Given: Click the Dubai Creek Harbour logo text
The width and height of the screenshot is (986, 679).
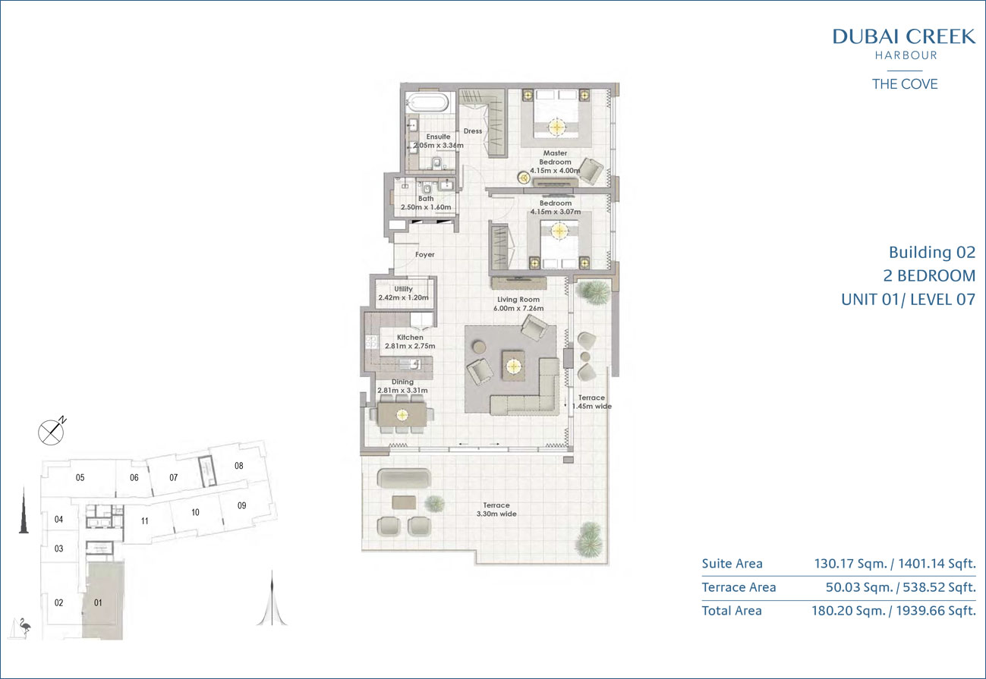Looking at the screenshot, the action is point(904,44).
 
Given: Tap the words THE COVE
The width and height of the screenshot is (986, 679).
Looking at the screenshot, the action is point(905,84).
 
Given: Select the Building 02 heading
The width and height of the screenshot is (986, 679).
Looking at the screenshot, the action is point(932,252).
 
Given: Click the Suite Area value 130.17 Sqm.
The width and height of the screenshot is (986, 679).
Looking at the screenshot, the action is point(851,564).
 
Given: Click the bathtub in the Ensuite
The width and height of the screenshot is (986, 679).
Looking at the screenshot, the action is point(427,104).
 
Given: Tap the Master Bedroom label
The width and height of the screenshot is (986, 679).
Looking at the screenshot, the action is point(555,158).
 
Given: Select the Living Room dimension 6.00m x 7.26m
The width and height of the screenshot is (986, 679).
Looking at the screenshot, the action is point(518,309).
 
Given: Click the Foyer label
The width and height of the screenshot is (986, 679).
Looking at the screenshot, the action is point(425,254).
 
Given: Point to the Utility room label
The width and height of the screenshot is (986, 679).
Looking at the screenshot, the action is point(403,289).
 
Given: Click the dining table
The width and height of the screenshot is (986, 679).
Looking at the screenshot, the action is point(402,414).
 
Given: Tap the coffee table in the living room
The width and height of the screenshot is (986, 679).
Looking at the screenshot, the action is point(513,366).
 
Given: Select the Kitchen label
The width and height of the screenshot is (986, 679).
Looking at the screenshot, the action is point(410,337).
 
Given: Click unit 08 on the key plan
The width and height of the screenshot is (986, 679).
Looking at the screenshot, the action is point(239,466).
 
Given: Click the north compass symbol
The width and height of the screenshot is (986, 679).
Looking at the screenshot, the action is point(52,431).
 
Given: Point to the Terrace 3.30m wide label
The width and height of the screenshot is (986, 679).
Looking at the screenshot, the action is point(496,510).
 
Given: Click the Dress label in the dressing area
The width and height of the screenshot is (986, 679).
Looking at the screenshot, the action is point(473,131).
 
